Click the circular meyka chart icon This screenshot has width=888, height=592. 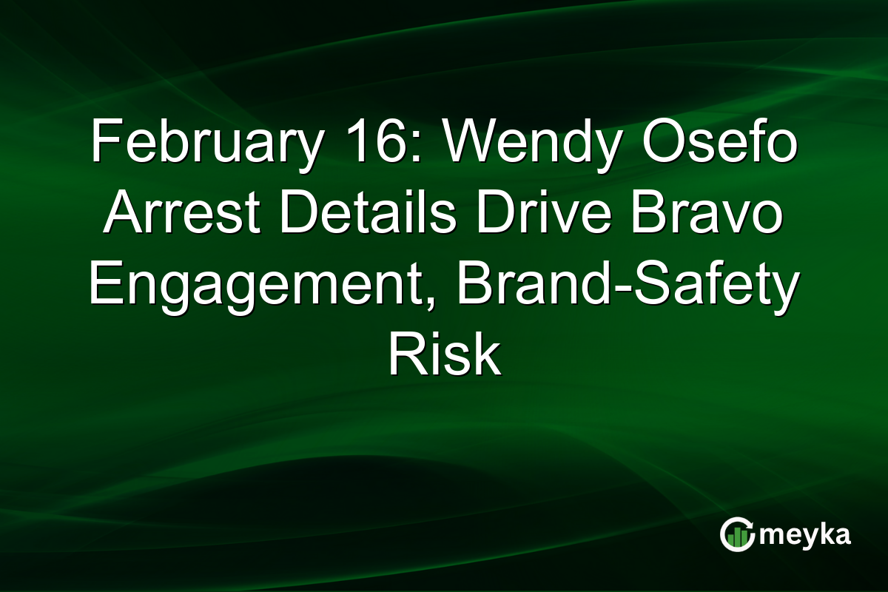737,535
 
